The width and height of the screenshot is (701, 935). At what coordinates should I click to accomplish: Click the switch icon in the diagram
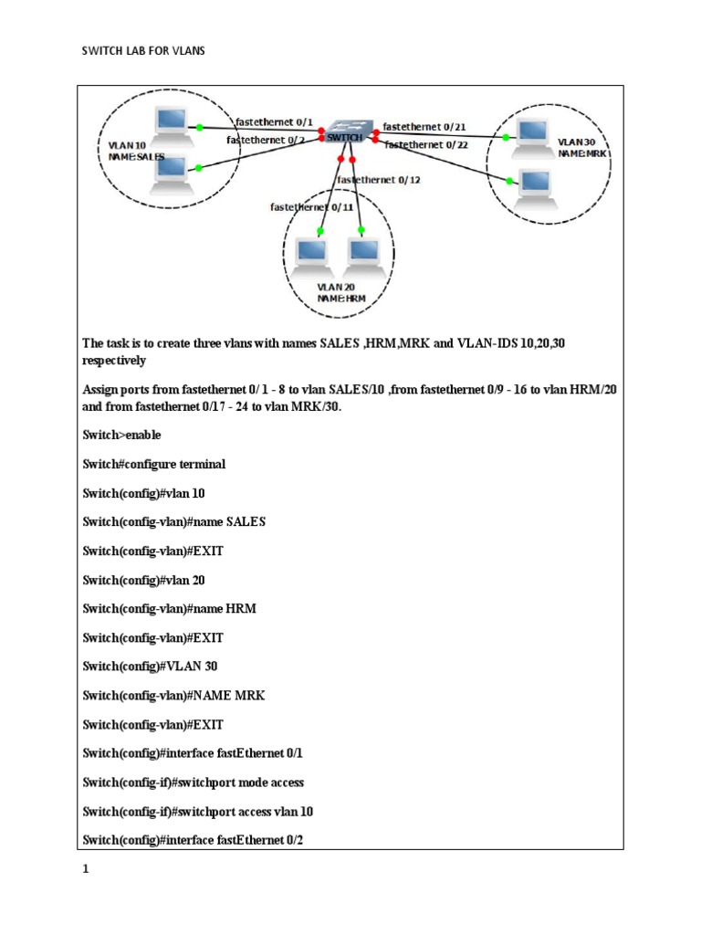click(x=347, y=133)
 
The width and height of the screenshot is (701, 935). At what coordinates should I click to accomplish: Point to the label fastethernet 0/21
click(x=424, y=126)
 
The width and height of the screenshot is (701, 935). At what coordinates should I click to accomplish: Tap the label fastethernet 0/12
click(x=379, y=180)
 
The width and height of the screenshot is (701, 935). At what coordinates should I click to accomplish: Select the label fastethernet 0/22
click(x=426, y=144)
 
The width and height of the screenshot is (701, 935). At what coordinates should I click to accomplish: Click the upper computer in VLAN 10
click(x=171, y=122)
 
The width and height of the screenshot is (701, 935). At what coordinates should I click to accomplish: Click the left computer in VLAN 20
click(x=311, y=253)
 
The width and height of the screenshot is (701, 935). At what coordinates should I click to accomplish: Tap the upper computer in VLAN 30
click(x=529, y=133)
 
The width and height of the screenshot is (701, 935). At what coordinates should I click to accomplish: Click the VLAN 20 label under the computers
click(x=335, y=287)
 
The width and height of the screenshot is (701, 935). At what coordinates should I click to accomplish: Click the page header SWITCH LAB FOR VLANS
click(x=144, y=52)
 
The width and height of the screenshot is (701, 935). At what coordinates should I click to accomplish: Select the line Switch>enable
click(x=121, y=435)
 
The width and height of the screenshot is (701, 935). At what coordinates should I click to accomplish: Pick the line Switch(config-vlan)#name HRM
click(x=169, y=609)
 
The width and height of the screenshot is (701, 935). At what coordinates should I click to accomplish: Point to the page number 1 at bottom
click(x=86, y=870)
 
